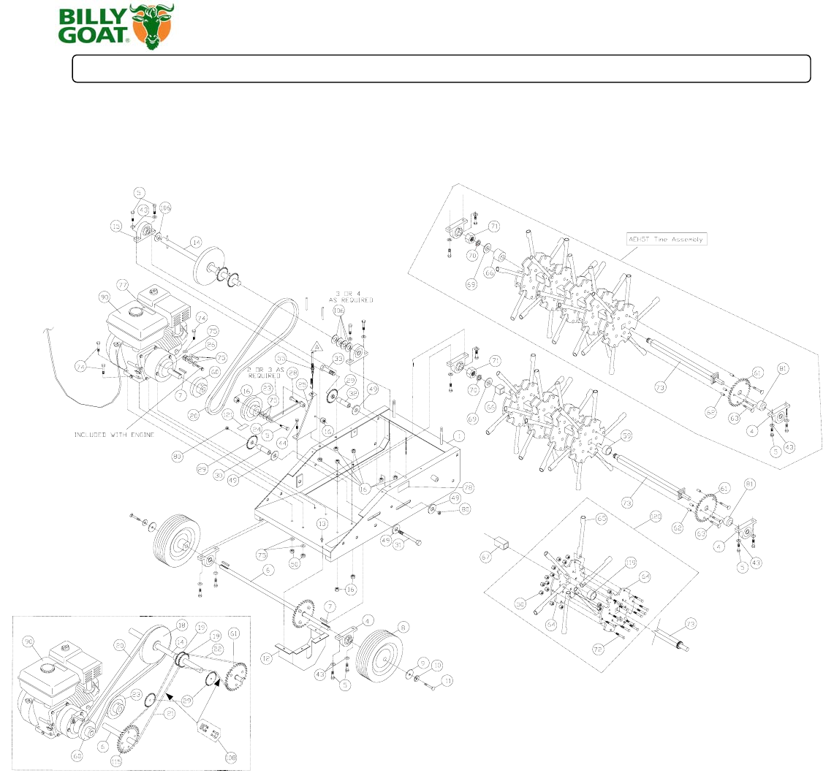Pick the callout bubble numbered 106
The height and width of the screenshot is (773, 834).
coord(164,207)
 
